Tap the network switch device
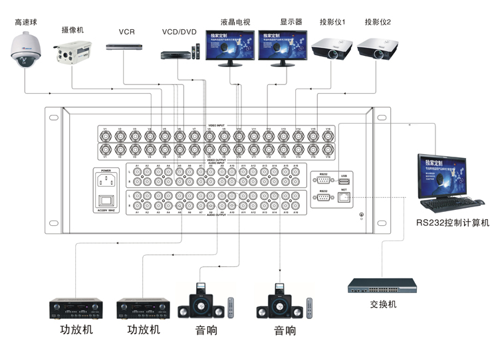point(382,286)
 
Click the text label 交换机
point(382,304)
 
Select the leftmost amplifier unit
point(76,309)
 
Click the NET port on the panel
point(343,197)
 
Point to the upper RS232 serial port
point(323,180)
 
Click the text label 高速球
point(26,22)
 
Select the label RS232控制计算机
point(452,223)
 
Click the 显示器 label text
point(291,22)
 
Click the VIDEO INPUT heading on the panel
point(217,125)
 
